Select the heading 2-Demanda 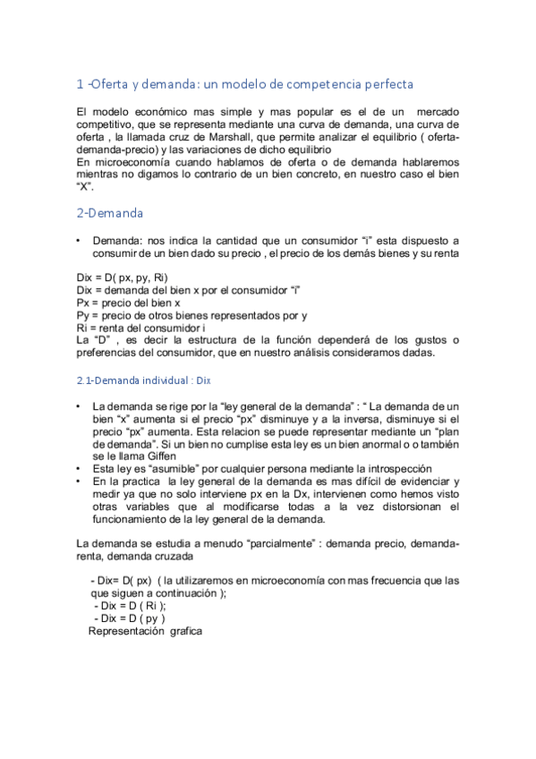click(109, 214)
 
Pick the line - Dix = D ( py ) click(130, 618)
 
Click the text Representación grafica click(146, 631)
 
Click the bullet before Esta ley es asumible click(81, 469)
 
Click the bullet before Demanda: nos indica click(81, 241)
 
